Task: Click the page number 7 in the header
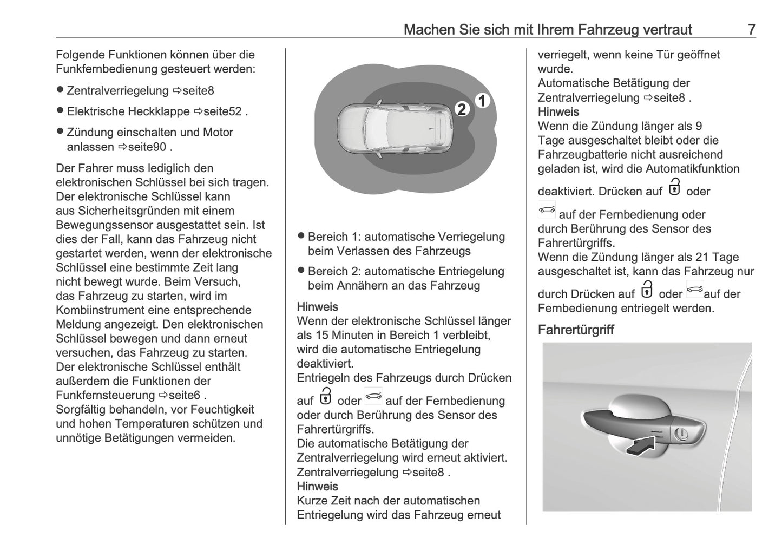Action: (751, 29)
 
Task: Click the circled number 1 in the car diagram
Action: (482, 101)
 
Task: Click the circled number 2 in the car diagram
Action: (462, 109)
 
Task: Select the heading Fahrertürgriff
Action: (575, 330)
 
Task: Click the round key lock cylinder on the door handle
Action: (681, 434)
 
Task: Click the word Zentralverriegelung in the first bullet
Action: (118, 90)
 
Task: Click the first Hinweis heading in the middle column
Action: (317, 307)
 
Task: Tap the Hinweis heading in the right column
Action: (558, 112)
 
